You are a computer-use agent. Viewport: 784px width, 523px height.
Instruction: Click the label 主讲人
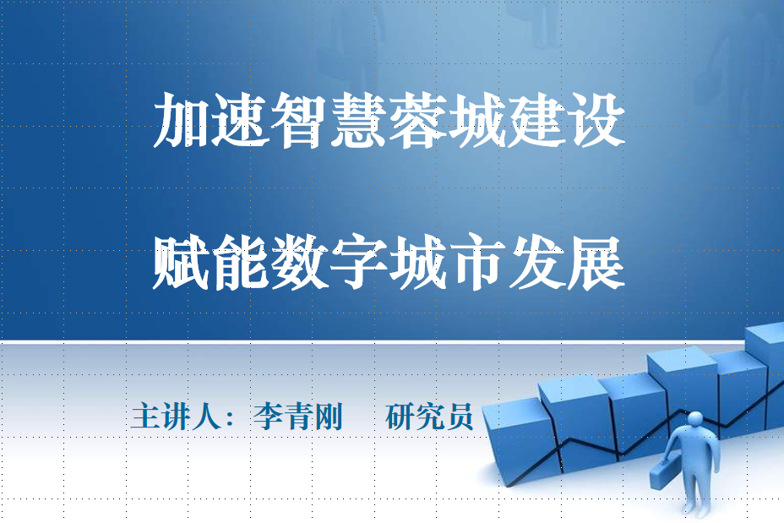point(176,416)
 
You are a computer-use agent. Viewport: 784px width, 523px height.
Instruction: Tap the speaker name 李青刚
point(298,416)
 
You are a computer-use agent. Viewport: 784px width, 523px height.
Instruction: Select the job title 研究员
point(429,416)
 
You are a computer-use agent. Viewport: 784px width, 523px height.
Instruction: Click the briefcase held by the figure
point(665,473)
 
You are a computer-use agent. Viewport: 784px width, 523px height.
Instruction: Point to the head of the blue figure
point(695,421)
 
